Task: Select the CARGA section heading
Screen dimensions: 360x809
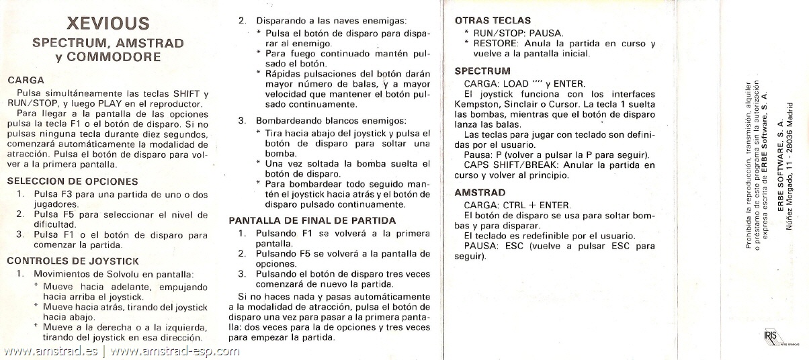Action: point(26,80)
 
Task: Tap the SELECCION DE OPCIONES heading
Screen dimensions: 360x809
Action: point(73,181)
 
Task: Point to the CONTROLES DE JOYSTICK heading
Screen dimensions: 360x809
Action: point(73,261)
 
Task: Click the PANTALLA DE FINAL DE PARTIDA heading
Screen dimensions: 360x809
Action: point(312,220)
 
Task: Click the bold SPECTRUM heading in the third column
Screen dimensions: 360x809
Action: point(482,71)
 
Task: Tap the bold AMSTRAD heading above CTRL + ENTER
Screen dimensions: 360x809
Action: point(480,192)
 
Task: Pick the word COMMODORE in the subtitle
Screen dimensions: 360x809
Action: point(118,57)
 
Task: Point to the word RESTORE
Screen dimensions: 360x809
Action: point(491,44)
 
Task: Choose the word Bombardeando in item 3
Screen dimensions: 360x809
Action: point(286,121)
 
